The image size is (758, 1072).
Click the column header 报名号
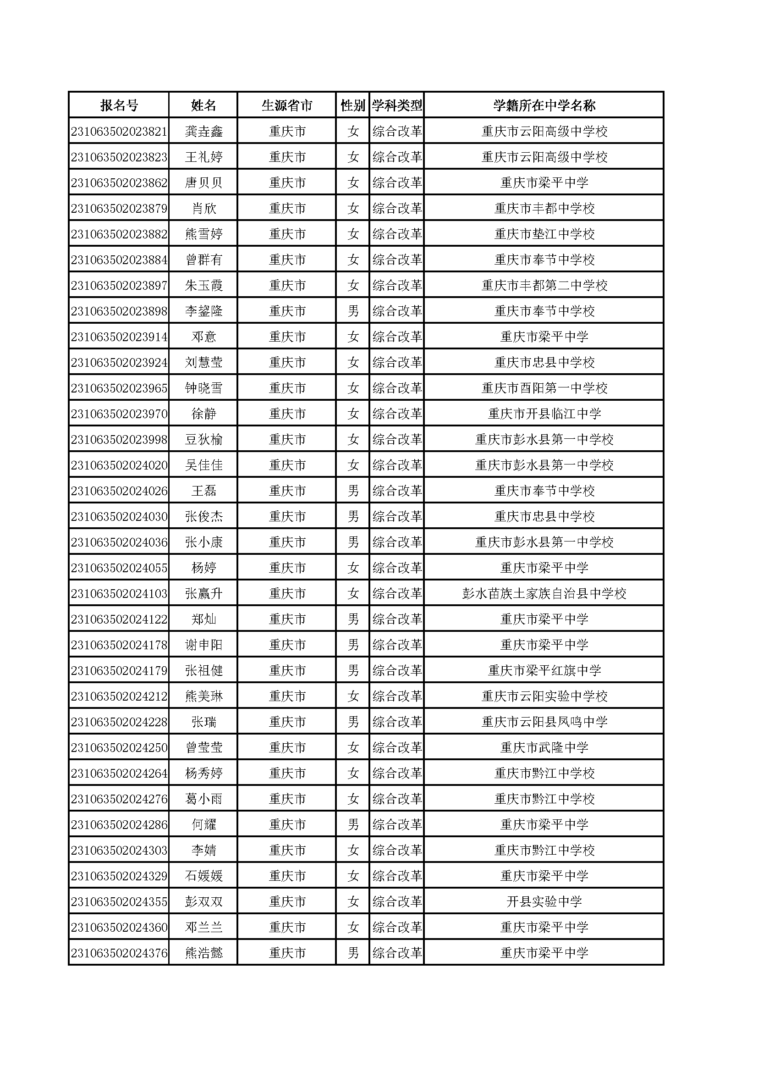(119, 105)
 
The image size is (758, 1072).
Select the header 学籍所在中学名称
(544, 105)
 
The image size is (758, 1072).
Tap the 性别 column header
(352, 105)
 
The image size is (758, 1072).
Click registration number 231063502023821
(119, 132)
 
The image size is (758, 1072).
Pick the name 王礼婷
(203, 157)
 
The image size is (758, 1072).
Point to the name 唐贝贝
(203, 183)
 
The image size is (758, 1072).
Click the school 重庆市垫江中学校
(544, 234)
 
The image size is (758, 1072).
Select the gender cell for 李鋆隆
(353, 311)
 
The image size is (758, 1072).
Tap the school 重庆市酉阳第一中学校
(544, 388)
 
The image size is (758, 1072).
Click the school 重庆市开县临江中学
(544, 414)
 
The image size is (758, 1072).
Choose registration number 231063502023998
(119, 440)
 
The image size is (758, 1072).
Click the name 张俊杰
(203, 517)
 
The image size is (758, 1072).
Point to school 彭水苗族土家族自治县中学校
(544, 594)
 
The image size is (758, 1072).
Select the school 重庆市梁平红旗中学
(544, 671)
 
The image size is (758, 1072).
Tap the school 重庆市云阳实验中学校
(544, 696)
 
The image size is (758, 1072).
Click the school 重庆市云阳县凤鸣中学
(544, 722)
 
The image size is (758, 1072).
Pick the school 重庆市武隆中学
(544, 748)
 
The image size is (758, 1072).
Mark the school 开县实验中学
(544, 902)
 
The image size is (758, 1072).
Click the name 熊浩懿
(203, 953)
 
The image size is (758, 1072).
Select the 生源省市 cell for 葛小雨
(287, 799)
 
